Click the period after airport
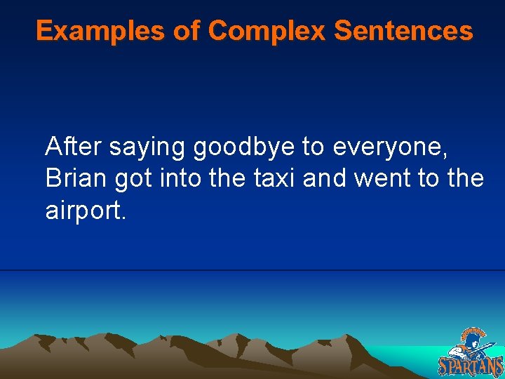tap(124, 218)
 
